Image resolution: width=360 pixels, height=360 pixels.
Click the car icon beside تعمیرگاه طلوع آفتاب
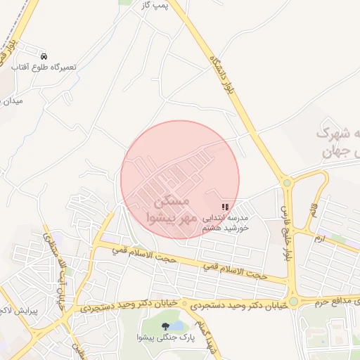point(44,56)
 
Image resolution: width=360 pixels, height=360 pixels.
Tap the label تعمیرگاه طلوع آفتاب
point(44,67)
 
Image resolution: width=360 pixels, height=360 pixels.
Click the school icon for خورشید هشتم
point(224,207)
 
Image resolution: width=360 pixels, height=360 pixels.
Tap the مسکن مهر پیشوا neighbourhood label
point(168,209)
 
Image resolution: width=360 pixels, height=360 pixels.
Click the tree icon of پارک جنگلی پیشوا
point(165,326)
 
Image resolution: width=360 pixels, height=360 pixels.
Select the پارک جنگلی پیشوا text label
point(165,337)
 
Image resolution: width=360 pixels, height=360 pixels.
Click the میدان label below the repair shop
point(13,101)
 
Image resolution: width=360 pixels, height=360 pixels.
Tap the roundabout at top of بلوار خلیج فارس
point(287,184)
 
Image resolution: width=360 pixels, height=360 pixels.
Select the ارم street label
point(321,239)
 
